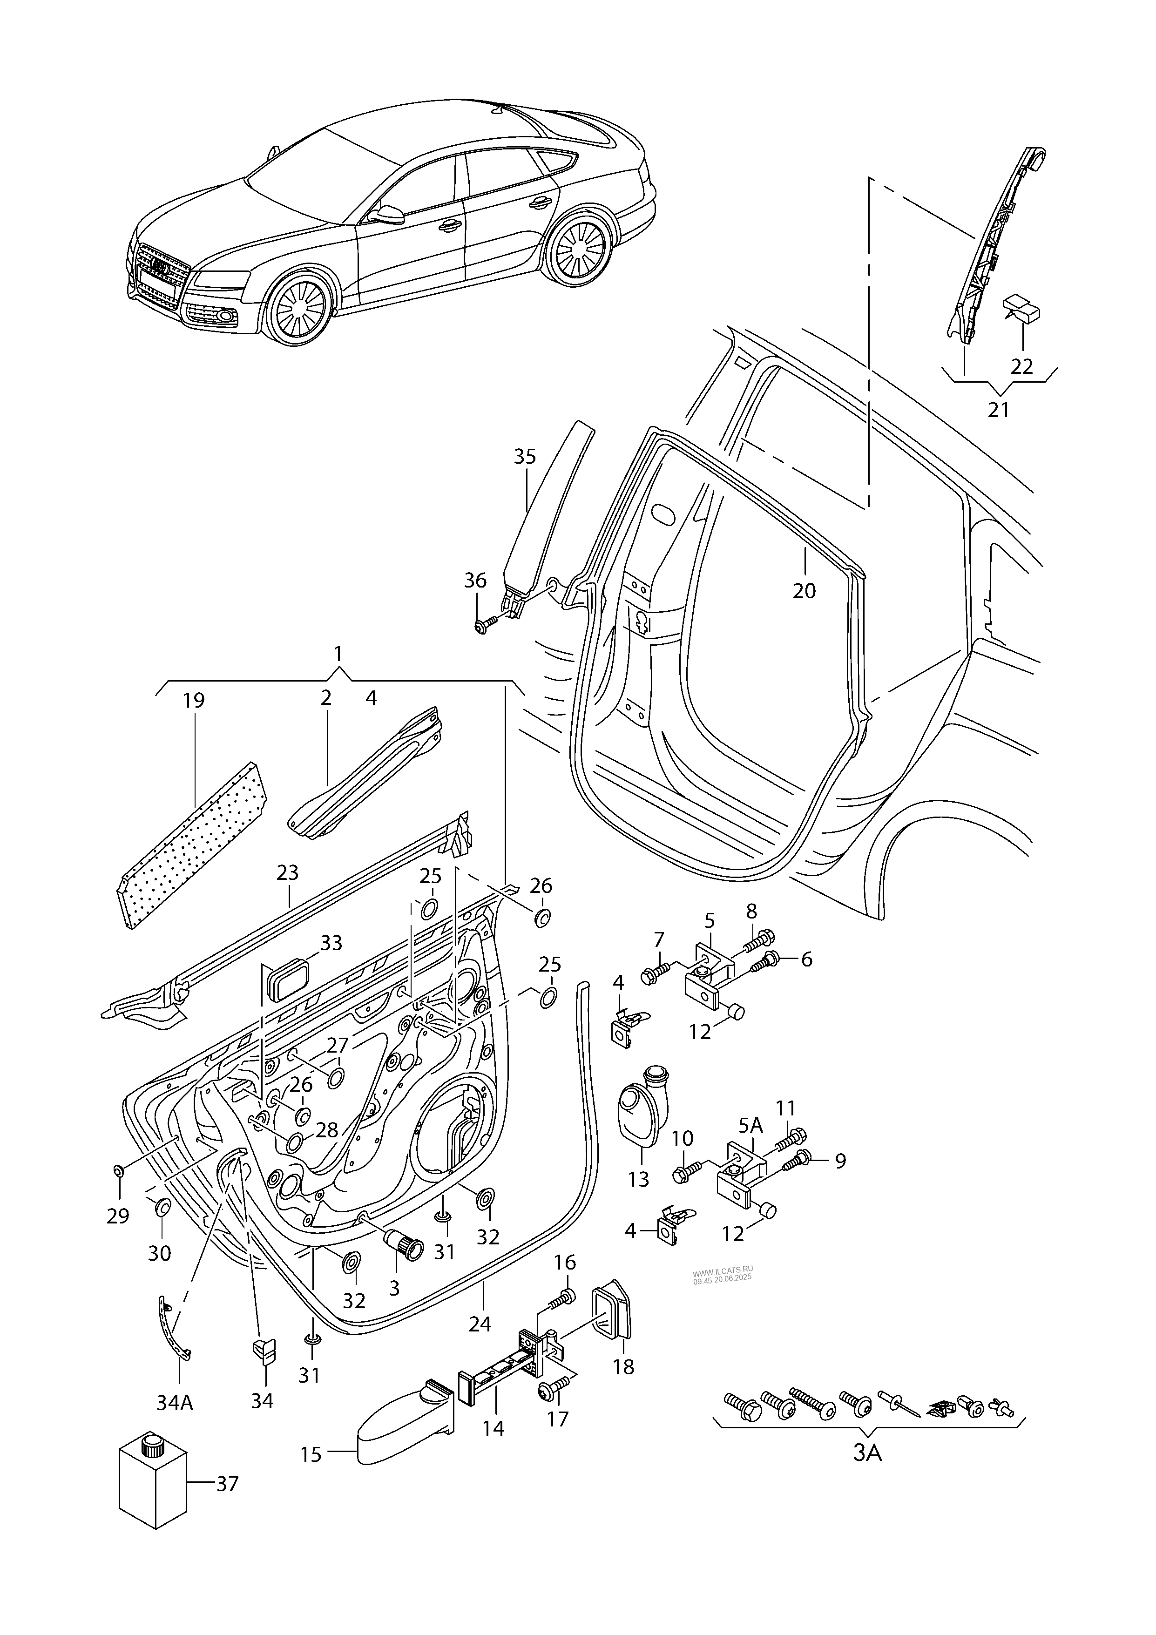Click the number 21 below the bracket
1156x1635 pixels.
[999, 410]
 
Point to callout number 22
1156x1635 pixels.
[1021, 366]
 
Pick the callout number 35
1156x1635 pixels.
[525, 456]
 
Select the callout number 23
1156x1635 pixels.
[288, 873]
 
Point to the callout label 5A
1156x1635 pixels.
[750, 1125]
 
